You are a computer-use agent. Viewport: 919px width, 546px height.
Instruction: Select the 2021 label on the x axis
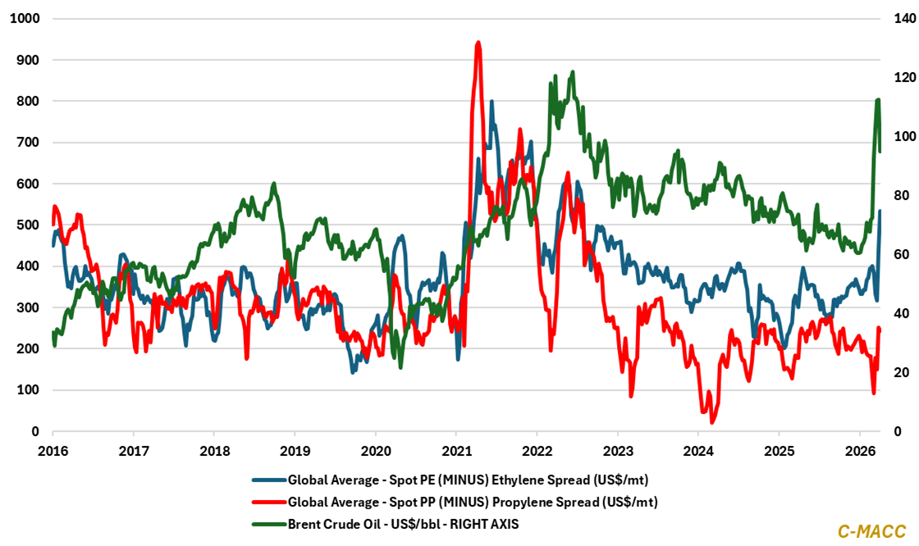[x=455, y=450]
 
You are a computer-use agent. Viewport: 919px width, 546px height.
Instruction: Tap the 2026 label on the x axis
[x=858, y=450]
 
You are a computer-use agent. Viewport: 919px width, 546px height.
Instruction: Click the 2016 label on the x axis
[x=53, y=450]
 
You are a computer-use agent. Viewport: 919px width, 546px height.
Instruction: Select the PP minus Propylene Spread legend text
[x=474, y=500]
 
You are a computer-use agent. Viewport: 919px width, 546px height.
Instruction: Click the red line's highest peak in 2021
[x=478, y=43]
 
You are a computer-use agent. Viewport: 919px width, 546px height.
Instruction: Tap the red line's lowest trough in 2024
[x=712, y=421]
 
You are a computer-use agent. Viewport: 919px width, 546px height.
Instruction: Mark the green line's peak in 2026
[x=878, y=100]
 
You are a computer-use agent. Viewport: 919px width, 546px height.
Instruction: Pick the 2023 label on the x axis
[x=617, y=450]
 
